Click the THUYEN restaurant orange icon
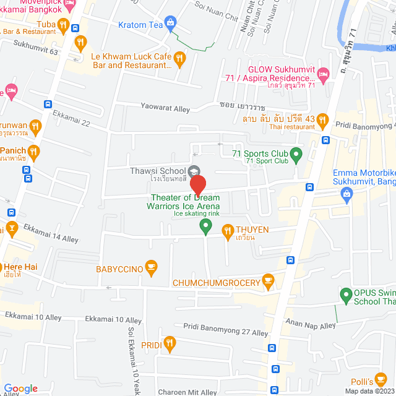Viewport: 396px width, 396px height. (x=227, y=231)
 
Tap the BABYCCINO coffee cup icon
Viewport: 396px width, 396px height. (x=151, y=268)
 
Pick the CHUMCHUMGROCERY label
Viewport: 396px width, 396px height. (x=216, y=283)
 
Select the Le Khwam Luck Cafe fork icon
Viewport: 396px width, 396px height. (x=179, y=59)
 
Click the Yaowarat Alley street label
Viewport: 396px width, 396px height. (x=165, y=109)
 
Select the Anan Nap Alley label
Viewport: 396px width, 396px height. (x=310, y=324)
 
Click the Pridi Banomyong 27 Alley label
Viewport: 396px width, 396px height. (x=225, y=329)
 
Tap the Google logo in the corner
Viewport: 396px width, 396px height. (x=20, y=388)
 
